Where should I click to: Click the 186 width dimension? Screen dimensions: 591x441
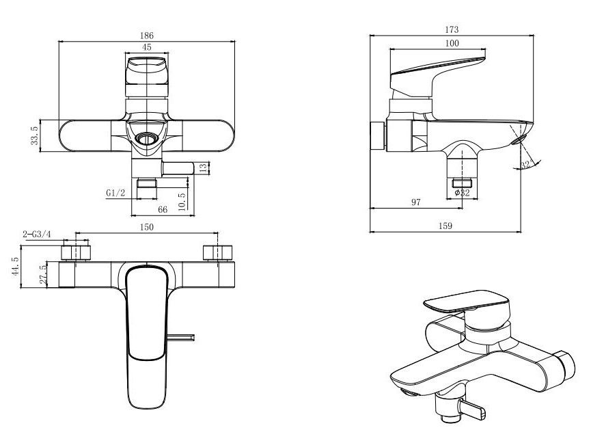coord(147,36)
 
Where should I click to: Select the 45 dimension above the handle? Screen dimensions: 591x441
coord(147,47)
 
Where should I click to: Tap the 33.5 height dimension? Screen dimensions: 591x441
coord(34,135)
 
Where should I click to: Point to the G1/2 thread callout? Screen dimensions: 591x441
coord(115,193)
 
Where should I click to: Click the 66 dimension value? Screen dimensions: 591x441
coord(163,209)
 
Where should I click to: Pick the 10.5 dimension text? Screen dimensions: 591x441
coord(182,202)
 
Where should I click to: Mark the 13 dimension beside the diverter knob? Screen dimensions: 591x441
coord(203,168)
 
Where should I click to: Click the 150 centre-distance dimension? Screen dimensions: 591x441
coord(147,227)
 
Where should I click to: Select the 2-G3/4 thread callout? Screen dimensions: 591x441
coord(37,235)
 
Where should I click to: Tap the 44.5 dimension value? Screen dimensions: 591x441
coord(15,267)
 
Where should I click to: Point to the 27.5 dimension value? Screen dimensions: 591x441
coord(43,275)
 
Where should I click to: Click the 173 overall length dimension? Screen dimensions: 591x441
coord(452,29)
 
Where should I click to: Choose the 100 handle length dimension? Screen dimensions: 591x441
coord(452,43)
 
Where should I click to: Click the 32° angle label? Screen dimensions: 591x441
coord(526,165)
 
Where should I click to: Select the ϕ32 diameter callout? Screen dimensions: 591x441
coord(462,193)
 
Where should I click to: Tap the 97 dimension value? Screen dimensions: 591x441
coord(415,202)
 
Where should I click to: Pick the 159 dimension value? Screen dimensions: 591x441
coord(445,226)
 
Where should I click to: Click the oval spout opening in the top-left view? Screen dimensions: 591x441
coord(147,139)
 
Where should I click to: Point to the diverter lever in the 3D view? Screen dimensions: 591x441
coord(471,409)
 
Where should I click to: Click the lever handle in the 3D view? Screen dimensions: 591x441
coord(467,301)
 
